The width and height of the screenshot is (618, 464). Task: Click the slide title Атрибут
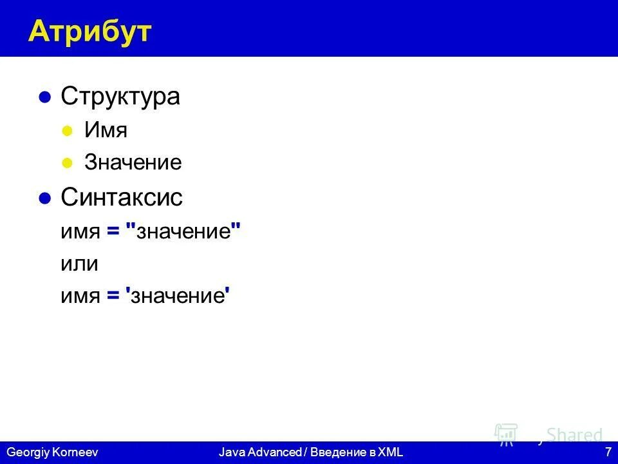point(89,31)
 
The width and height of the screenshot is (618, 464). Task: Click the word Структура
point(120,97)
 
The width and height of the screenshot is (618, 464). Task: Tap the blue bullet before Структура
point(44,97)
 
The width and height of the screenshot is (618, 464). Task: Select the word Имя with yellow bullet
point(106,131)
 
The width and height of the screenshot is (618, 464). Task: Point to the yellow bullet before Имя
point(66,131)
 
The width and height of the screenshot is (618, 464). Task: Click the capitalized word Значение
point(133,163)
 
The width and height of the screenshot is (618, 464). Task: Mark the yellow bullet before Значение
point(66,164)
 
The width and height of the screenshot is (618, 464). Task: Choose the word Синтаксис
point(122,198)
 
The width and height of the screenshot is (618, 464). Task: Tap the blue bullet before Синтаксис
point(44,198)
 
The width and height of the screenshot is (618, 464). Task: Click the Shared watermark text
point(574,436)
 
